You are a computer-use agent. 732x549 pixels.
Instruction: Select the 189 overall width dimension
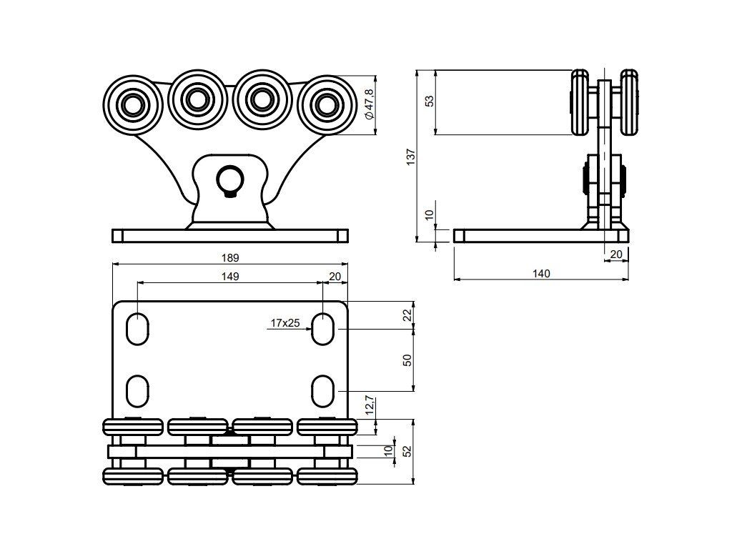click(x=230, y=257)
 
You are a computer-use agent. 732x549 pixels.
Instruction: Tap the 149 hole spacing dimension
click(x=230, y=277)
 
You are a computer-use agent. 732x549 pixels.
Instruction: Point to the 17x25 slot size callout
click(x=285, y=322)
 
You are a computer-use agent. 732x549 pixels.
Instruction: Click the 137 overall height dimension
click(x=411, y=157)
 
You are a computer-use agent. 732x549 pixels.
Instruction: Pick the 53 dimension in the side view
click(x=430, y=101)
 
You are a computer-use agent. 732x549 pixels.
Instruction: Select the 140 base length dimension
click(x=542, y=273)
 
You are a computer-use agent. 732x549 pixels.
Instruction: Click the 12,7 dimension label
click(x=370, y=405)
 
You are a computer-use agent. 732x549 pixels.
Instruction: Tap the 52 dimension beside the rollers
click(x=407, y=451)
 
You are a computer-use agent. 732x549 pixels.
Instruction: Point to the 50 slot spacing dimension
click(x=407, y=360)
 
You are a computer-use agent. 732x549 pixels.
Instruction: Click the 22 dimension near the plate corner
click(x=407, y=315)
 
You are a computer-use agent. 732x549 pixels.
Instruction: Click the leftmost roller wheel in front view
click(x=133, y=104)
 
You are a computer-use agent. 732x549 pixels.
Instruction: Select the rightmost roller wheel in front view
click(x=327, y=104)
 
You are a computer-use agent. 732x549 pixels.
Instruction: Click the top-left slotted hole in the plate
click(x=138, y=329)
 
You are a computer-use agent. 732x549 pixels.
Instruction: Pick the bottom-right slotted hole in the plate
click(x=322, y=391)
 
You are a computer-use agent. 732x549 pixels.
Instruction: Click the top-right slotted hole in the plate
click(x=322, y=329)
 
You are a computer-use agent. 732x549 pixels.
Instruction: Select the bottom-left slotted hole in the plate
click(x=138, y=391)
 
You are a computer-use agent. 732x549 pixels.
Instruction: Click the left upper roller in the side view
click(x=580, y=103)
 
